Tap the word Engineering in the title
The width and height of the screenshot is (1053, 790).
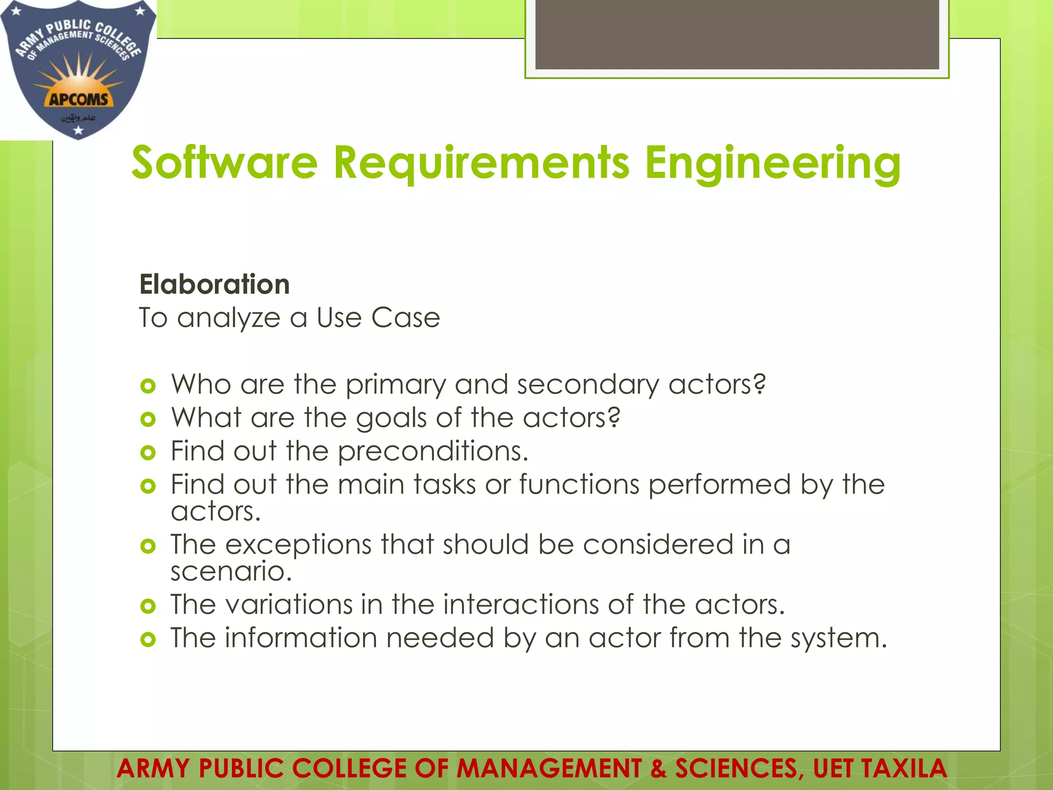point(772,164)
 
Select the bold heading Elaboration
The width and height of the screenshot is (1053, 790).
point(214,284)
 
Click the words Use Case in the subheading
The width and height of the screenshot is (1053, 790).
point(378,318)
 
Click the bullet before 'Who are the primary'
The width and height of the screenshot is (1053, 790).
point(148,386)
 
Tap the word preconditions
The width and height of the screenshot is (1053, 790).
point(432,452)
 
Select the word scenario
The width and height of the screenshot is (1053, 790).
point(231,571)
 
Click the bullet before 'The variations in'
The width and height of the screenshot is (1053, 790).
point(148,606)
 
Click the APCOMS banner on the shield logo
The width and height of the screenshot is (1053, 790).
point(78,99)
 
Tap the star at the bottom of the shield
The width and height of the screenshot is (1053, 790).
point(78,131)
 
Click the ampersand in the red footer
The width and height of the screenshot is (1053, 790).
point(658,769)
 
